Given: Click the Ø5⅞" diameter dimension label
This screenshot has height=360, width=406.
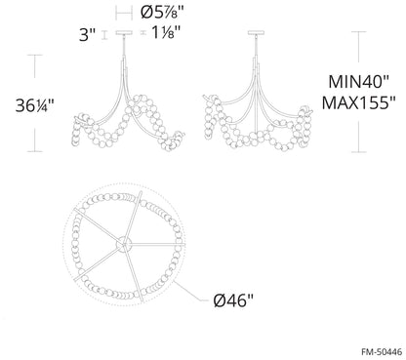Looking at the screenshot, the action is pos(162,13).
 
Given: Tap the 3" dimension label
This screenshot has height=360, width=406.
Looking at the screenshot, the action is pos(88,34).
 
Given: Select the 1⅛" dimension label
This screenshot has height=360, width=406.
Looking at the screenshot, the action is pos(166,32).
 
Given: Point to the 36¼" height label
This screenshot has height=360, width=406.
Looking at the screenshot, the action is pos(34,105).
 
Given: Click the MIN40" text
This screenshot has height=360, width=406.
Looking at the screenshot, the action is pos(358,81).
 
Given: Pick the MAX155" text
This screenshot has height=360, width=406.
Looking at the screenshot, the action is pos(358,102).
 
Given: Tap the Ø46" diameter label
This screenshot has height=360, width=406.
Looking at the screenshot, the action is pos(233,300).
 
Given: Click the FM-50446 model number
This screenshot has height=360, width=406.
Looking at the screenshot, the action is pos(382,351).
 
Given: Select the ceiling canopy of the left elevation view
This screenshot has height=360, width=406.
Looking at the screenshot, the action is pos(124,32).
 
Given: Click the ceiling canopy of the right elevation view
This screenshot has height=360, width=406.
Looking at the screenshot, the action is pos(256,32).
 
